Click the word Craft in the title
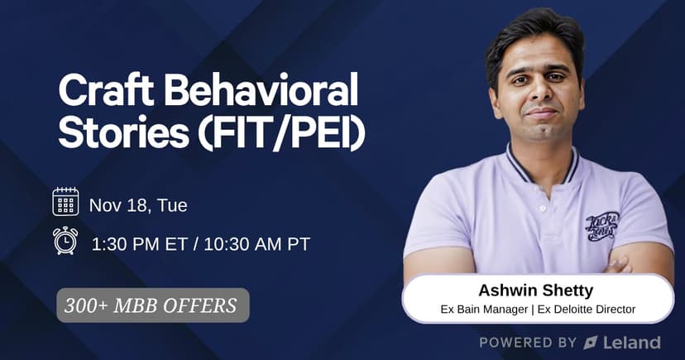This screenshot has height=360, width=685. pos(106,90)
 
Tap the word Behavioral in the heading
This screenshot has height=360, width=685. pos(261,90)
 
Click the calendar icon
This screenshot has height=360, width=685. pos(65,201)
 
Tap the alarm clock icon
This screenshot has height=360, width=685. pos(65,240)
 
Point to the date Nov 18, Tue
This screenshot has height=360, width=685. pos(138,205)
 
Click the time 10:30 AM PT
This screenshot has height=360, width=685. pos(256,244)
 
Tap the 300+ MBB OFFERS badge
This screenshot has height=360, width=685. pos(153,305)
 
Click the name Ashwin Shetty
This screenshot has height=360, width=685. pos(535,290)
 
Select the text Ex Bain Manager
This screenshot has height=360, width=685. pos(484,310)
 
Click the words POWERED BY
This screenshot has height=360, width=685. pos(528,343)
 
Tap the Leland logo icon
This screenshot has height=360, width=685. pos(591,343)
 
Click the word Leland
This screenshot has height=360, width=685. pos(632,343)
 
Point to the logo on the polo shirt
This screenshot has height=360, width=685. pos(602,226)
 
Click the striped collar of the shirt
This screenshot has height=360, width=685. pos(543,168)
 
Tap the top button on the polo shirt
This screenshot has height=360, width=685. pos(543,209)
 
